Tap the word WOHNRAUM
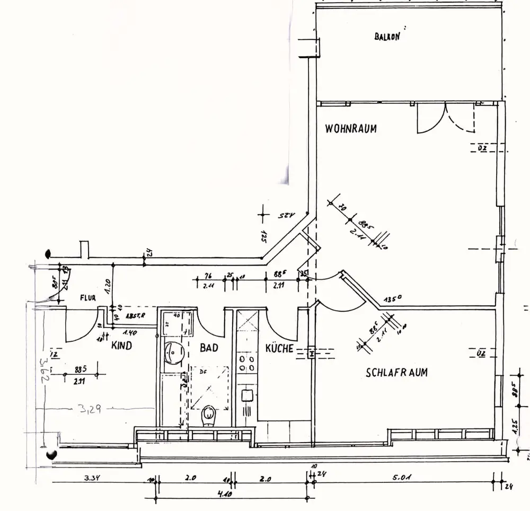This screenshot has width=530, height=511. coord(351,128)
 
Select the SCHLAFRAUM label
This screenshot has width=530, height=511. coord(396,373)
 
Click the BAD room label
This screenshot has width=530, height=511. coord(209,348)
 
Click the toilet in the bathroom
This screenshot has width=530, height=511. coord(209,416)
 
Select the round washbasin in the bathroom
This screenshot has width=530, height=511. coord(173,353)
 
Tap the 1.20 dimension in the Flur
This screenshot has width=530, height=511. coord(108,286)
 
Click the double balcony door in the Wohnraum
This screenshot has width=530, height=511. coord(446,118)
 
